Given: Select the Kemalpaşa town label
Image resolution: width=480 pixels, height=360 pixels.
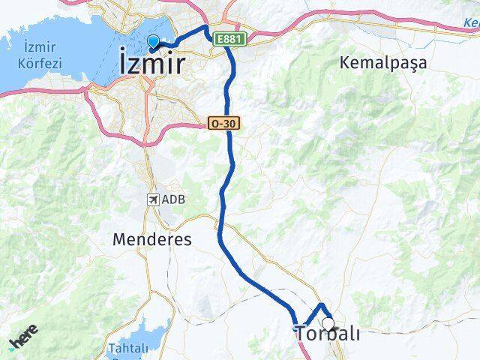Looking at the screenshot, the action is (x=382, y=63).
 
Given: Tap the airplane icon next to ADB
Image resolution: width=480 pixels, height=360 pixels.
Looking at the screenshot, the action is (x=154, y=199).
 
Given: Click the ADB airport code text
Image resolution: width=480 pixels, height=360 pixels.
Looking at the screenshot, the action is (x=173, y=199).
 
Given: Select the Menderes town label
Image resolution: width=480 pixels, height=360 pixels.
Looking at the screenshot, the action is (x=151, y=240).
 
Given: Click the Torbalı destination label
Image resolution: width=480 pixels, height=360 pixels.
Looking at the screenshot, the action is (x=328, y=334).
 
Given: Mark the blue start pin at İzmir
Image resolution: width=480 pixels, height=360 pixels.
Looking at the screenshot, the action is (x=154, y=42).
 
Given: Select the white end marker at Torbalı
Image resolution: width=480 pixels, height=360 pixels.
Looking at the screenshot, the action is (x=328, y=324).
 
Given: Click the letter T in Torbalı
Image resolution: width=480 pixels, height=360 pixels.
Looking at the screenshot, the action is (x=301, y=334).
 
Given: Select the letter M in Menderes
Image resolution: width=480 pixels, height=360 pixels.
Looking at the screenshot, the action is (x=120, y=240).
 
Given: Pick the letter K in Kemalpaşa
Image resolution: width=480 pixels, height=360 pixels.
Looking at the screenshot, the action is (x=346, y=63).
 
